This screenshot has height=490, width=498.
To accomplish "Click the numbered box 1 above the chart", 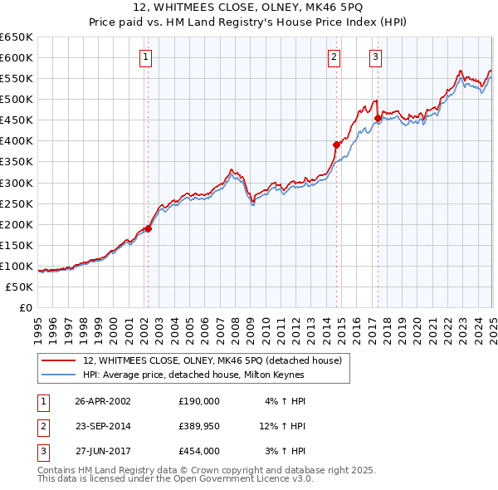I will click(145, 57).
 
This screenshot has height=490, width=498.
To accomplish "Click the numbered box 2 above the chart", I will click(334, 57).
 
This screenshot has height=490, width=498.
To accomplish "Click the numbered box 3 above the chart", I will click(375, 57).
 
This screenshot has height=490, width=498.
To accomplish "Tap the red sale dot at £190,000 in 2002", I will click(149, 228).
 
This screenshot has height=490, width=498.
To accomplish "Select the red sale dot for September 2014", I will click(337, 145).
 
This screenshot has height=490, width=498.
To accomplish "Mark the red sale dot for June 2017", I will click(378, 118).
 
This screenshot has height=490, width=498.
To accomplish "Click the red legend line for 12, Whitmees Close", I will click(59, 360).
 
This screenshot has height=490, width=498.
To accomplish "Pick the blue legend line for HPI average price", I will click(59, 375).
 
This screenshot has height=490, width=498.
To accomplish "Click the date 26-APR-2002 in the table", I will click(102, 400).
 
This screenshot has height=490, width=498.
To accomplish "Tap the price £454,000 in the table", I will click(199, 451).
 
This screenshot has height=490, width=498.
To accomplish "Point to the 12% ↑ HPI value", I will click(282, 426).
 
